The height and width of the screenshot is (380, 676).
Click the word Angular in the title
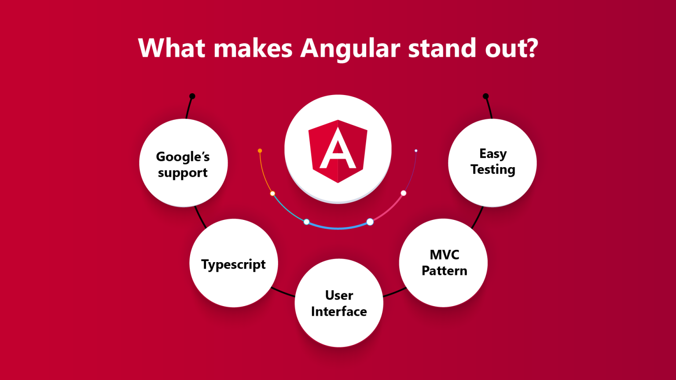pos(350,48)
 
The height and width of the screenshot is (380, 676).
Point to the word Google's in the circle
pos(183,157)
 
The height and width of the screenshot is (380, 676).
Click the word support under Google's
pos(183,173)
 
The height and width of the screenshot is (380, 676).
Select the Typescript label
pos(233,264)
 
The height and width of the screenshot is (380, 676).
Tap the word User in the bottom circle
pos(339,295)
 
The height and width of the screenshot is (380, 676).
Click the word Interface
pos(339,311)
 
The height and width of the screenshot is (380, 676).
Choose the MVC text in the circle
pos(445,255)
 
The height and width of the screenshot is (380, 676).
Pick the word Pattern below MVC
pos(445,270)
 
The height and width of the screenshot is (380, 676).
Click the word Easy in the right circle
pos(493,153)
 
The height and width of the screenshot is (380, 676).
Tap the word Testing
pos(493,170)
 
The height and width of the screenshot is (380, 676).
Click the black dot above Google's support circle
pos(192,96)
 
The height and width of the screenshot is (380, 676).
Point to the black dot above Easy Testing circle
pos(485,96)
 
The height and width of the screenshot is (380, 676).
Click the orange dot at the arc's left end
pos(260,151)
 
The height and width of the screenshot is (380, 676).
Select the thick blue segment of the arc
pos(338,227)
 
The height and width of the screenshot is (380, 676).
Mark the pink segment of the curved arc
pos(389,208)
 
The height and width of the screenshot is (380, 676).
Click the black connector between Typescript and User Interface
pos(283,292)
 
